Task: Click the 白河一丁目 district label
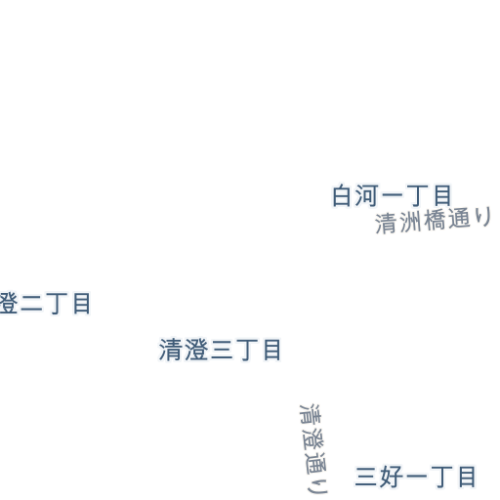[x=392, y=195]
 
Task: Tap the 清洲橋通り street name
[x=434, y=221]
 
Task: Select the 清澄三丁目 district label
[x=220, y=350]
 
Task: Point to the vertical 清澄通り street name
[x=313, y=448]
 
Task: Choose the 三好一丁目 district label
[x=415, y=477]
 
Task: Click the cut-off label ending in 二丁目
[x=45, y=303]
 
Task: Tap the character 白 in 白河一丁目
[x=342, y=195]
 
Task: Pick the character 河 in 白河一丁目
[x=366, y=195]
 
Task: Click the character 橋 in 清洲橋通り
[x=435, y=221]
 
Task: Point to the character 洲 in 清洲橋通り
[x=410, y=223]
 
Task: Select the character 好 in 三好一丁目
[x=391, y=477]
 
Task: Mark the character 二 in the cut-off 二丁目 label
[x=31, y=304]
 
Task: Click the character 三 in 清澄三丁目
[x=222, y=350]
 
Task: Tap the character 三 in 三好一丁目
[x=366, y=477]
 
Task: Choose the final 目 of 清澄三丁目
[x=272, y=350]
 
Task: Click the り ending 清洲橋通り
[x=483, y=217]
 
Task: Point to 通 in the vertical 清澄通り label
[x=315, y=463]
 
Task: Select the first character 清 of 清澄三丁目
[x=170, y=350]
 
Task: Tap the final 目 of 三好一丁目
[x=468, y=477]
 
